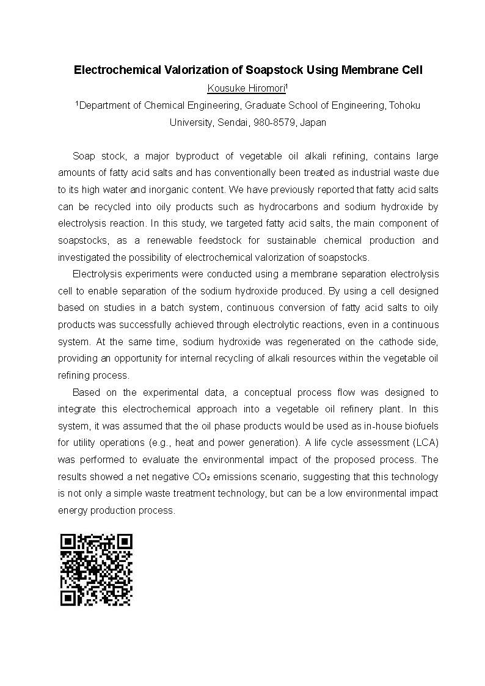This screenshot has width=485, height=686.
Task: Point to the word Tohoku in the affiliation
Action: (x=406, y=105)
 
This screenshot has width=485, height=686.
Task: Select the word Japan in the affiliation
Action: (x=313, y=122)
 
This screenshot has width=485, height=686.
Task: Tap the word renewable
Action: (x=175, y=241)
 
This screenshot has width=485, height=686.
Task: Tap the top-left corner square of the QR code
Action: (x=68, y=542)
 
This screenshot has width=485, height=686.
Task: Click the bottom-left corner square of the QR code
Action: (x=68, y=598)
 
